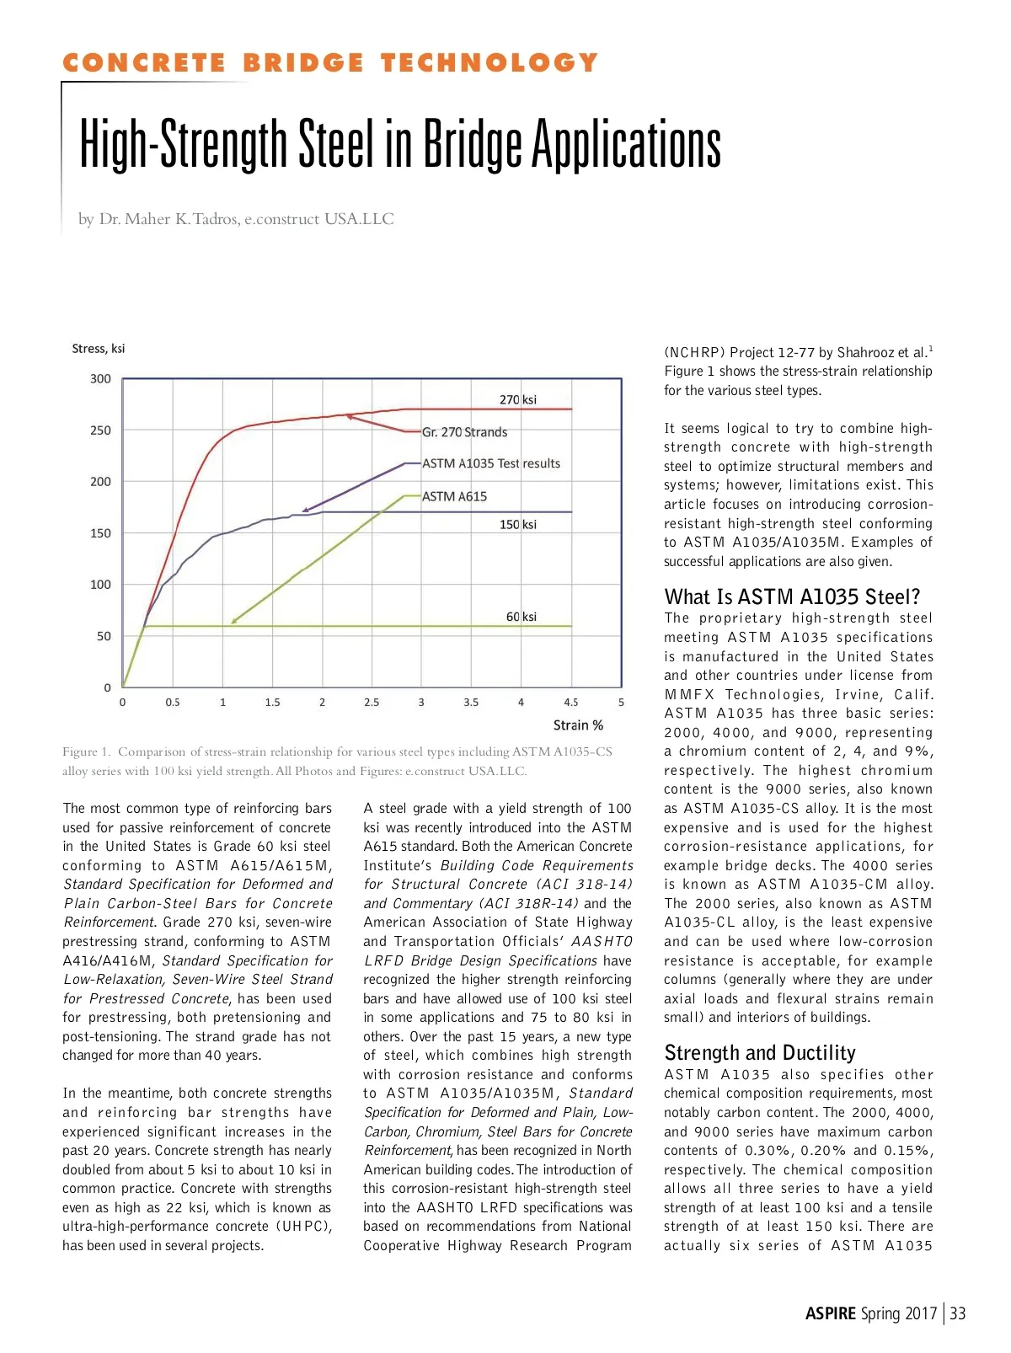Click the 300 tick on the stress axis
click(x=100, y=379)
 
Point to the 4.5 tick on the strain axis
click(x=571, y=702)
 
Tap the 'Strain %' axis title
click(x=578, y=725)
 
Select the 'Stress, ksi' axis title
click(x=98, y=349)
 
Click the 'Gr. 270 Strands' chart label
click(x=464, y=432)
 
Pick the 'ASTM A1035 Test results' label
click(x=490, y=463)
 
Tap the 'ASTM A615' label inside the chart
click(x=454, y=496)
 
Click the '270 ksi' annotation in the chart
click(x=517, y=399)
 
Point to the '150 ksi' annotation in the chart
click(x=517, y=524)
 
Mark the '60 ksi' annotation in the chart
click(x=521, y=617)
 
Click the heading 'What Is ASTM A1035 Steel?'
click(x=792, y=596)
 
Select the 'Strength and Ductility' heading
click(x=759, y=1052)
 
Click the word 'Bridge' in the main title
click(x=473, y=144)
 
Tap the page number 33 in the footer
click(x=957, y=1313)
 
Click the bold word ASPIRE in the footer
click(x=830, y=1313)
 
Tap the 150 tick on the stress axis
click(x=100, y=533)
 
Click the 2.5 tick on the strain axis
click(x=372, y=702)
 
